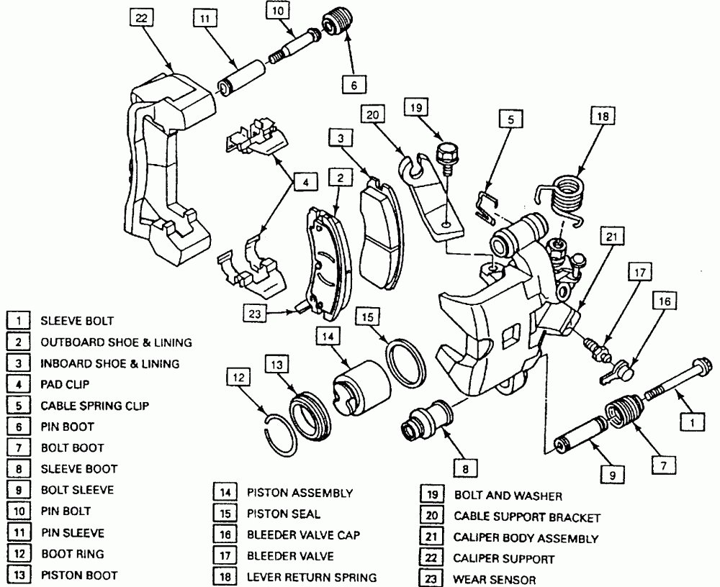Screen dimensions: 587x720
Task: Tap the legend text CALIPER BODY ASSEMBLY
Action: pyautogui.click(x=526, y=537)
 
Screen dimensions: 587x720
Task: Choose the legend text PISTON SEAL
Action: pyautogui.click(x=284, y=514)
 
